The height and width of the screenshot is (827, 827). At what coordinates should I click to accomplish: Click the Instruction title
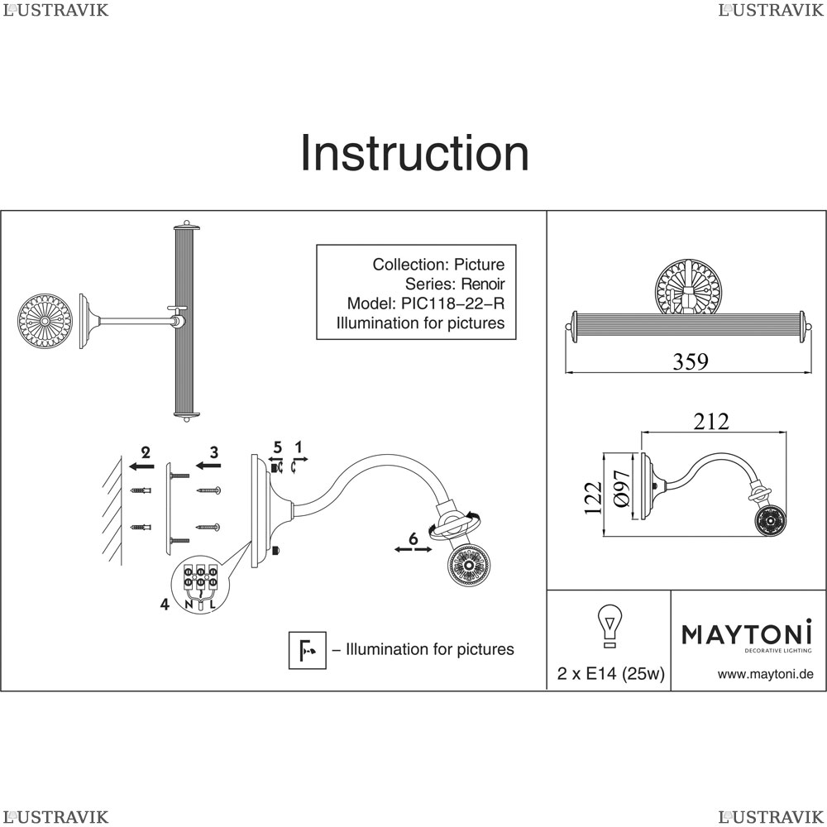click(413, 154)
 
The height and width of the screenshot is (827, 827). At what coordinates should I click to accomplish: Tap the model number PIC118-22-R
click(454, 304)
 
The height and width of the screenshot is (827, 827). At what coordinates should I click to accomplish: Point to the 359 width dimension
click(690, 362)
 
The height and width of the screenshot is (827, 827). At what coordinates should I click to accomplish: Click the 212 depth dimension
click(711, 422)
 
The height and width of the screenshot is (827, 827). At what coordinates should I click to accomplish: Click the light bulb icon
click(609, 625)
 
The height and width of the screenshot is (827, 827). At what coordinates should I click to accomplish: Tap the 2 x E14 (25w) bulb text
click(610, 674)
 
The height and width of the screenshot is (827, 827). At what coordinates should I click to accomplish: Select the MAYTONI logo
click(746, 634)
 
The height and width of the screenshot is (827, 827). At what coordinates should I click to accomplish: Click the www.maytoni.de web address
click(765, 674)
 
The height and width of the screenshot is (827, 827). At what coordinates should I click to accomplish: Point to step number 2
click(146, 452)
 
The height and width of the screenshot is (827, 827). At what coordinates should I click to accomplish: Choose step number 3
click(213, 452)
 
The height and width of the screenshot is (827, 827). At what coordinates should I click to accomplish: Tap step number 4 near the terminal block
click(165, 605)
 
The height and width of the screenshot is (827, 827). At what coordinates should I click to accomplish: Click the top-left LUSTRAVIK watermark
click(55, 10)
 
